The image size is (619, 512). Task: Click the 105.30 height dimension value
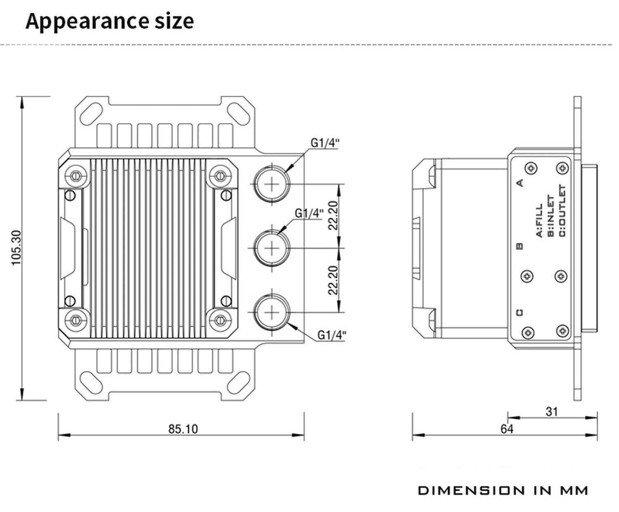[x=17, y=248]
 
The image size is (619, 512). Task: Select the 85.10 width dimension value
[x=183, y=429]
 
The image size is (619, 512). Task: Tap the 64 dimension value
[x=507, y=429]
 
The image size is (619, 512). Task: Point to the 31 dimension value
[x=552, y=412]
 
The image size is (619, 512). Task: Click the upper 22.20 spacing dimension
[x=333, y=216]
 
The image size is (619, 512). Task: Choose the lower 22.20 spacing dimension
[x=333, y=280]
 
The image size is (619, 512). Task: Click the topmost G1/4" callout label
[x=325, y=143]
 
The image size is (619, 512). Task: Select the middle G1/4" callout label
[x=309, y=213]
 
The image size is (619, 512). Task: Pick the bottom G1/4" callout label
[x=332, y=335]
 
